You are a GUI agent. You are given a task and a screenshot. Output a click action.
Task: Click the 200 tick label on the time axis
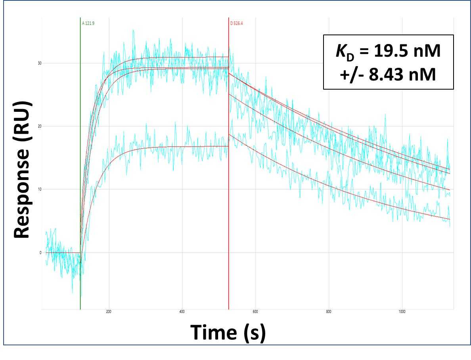pos(109,312)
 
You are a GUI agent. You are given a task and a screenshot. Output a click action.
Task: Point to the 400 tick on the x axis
pos(182,312)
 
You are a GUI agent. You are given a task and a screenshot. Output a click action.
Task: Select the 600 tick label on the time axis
pos(255,312)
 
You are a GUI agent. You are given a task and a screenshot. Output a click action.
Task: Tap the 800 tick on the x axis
pos(329,312)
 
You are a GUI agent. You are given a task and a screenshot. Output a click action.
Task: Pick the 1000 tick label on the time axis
pos(402,312)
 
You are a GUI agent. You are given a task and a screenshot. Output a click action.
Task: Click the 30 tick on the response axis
pos(40,63)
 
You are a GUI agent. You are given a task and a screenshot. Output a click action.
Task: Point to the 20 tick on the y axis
pos(40,126)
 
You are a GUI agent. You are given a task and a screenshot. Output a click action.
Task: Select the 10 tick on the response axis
pos(40,189)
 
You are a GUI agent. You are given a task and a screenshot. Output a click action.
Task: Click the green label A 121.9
pos(88,23)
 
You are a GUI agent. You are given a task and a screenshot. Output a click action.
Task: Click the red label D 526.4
pos(237,23)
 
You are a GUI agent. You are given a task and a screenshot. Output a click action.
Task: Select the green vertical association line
pos(80,159)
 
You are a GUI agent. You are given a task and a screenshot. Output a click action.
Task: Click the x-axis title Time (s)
pos(228,332)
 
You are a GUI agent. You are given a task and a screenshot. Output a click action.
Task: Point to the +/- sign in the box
pos(349,74)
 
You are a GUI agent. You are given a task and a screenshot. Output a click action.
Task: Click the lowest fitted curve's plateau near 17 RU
pos(178,147)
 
